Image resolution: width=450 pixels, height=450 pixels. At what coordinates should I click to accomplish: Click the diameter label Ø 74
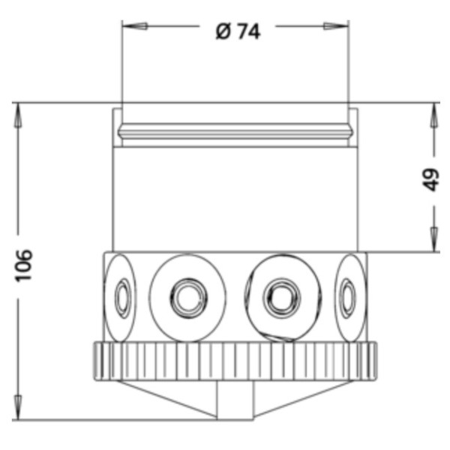point(238,31)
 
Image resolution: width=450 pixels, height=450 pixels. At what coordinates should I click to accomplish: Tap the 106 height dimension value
point(25,265)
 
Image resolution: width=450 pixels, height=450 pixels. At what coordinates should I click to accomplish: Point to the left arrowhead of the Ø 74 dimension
point(133,26)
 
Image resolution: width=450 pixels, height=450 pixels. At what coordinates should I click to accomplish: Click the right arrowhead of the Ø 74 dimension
point(337,26)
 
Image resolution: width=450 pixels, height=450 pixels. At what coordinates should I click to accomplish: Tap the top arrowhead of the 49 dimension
point(433,114)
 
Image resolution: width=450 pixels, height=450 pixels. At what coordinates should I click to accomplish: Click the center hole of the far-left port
point(121,298)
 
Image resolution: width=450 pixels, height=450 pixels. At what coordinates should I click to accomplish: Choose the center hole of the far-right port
point(346,298)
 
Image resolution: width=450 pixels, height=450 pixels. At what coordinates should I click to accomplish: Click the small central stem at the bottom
point(235,400)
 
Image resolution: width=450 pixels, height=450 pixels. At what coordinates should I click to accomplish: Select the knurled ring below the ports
point(235,362)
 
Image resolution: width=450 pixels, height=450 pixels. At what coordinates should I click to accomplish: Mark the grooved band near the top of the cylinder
point(235,134)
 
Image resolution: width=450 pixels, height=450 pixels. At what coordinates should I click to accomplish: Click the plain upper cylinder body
point(235,199)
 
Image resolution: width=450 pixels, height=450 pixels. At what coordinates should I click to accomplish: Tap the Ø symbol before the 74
point(223,31)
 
